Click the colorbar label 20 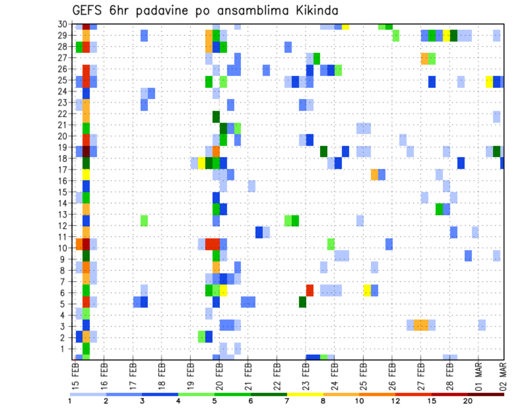[x=468, y=401]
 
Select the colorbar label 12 [x=395, y=401]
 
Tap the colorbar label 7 [x=287, y=401]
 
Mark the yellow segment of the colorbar [x=305, y=394]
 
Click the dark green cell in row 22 [x=216, y=117]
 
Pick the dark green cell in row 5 [x=302, y=302]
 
